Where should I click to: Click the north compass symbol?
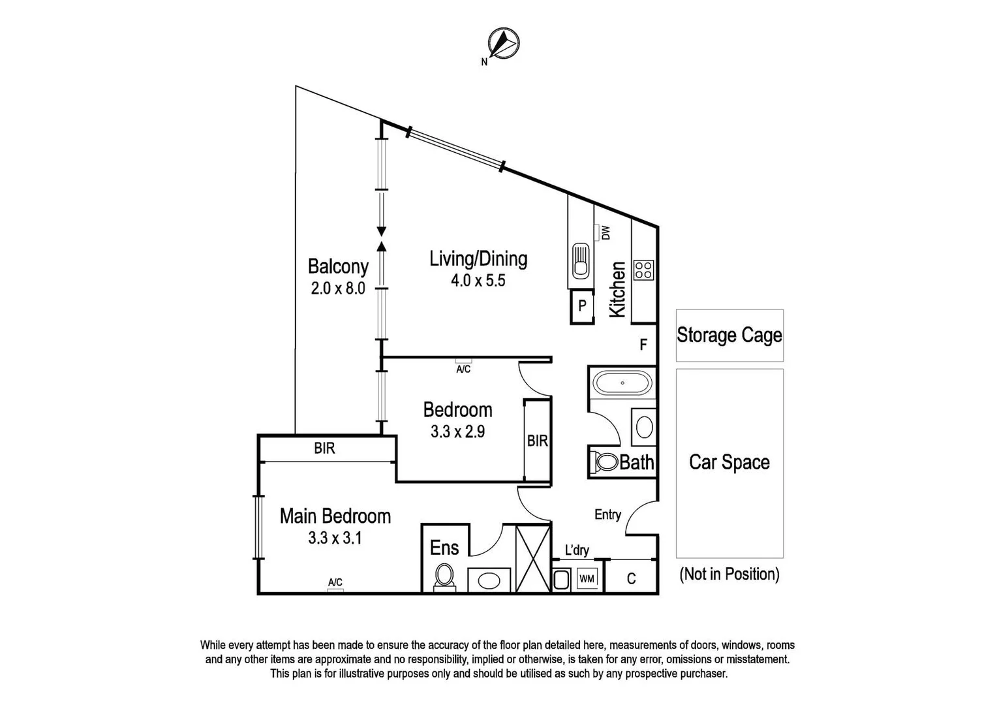tap(503, 44)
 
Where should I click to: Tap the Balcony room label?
tap(338, 266)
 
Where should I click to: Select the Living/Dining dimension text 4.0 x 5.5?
tap(478, 281)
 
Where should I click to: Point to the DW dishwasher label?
tap(605, 232)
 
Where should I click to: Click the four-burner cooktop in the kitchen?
tap(643, 270)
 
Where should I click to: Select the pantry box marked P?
tap(582, 306)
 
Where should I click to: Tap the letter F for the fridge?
tap(643, 345)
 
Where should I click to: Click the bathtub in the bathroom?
tap(622, 383)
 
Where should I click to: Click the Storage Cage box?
tap(729, 336)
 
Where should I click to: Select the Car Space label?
tap(729, 462)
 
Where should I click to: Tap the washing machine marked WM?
tap(587, 579)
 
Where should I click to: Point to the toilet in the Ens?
tap(444, 576)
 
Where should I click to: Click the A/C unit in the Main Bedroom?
tap(335, 589)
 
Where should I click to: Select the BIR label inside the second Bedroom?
tap(537, 441)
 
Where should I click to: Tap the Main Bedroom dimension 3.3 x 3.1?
tap(335, 539)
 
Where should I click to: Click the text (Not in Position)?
tap(729, 574)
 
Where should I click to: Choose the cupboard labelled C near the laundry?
tap(631, 578)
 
